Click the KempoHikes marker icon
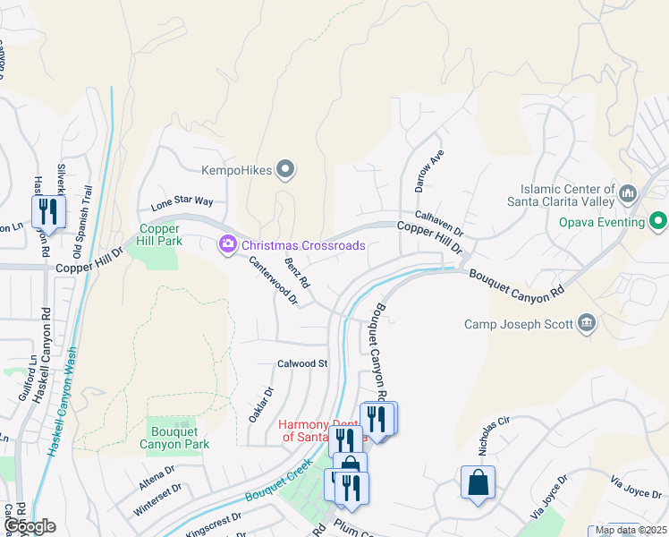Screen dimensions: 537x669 tap(286, 168)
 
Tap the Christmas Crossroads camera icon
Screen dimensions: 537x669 tap(228, 243)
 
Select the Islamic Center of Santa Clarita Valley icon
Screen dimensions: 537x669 tap(627, 193)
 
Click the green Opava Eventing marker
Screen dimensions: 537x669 tap(659, 221)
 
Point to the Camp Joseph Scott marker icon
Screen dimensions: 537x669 tap(587, 323)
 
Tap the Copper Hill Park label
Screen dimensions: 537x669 tap(158, 234)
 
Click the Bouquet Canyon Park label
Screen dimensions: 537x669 tap(174, 438)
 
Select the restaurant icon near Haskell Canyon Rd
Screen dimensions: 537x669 tap(47, 212)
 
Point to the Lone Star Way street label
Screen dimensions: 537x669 tap(182, 203)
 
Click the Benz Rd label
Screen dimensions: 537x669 tap(297, 272)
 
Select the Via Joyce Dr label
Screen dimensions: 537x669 tap(633, 486)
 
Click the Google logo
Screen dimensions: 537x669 tap(29, 526)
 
